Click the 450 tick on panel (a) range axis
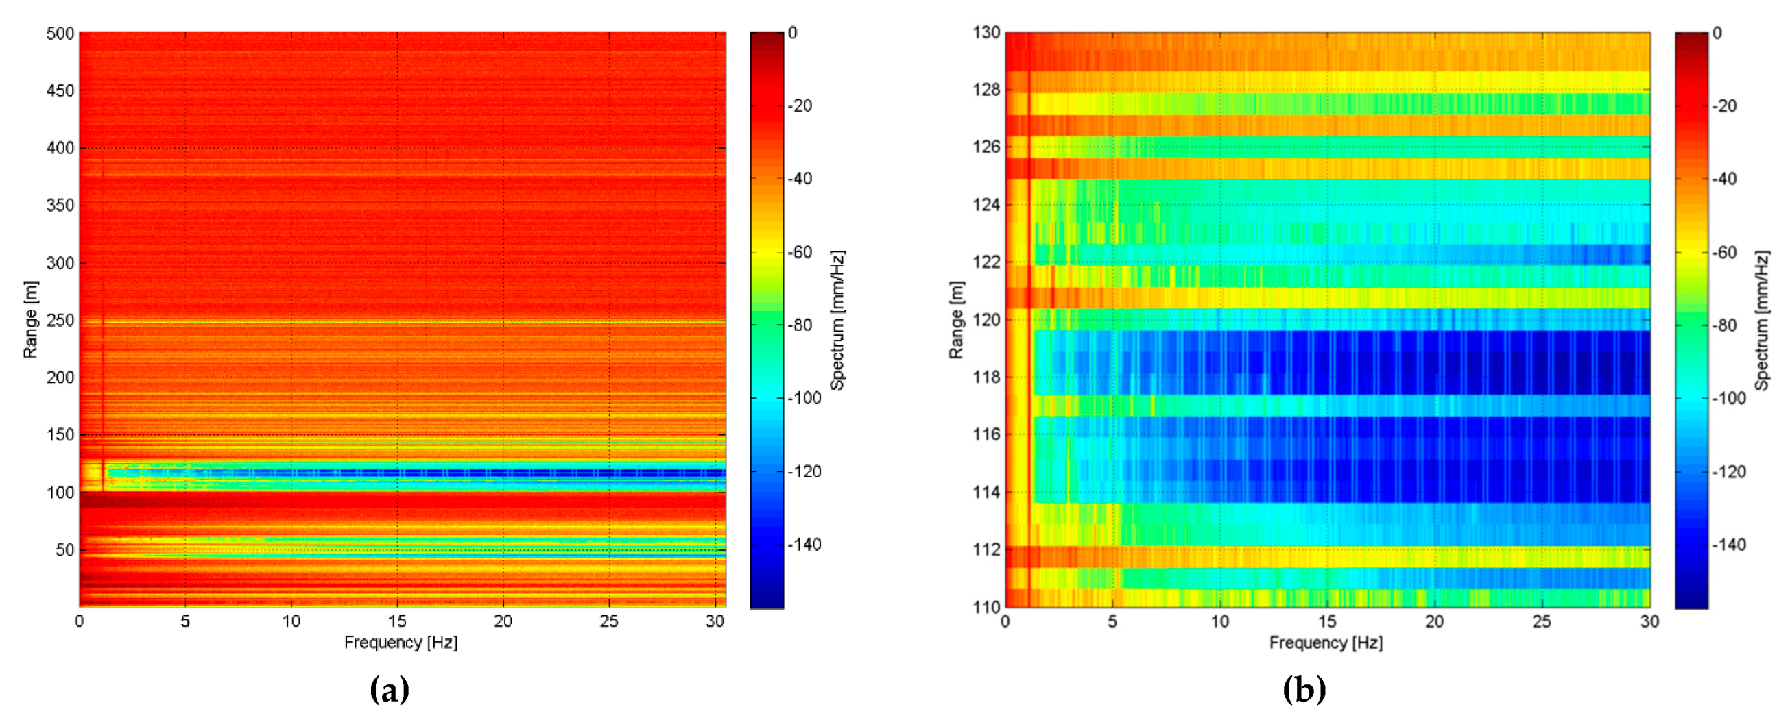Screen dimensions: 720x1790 [x=60, y=90]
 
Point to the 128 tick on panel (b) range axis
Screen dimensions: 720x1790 [x=986, y=90]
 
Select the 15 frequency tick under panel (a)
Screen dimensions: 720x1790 [x=397, y=621]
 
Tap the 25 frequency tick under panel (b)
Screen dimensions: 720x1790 [x=1541, y=621]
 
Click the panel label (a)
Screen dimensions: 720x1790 [x=389, y=690]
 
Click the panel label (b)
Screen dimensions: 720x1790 [x=1304, y=690]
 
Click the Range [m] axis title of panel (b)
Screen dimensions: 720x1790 [x=957, y=320]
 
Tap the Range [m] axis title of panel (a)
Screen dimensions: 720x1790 [x=31, y=320]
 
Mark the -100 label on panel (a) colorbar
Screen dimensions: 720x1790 [x=804, y=399]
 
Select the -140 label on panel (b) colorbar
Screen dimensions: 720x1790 [x=1728, y=545]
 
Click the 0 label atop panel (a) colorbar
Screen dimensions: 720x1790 [x=793, y=33]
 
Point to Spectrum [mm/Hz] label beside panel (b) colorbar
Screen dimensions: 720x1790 [x=1761, y=321]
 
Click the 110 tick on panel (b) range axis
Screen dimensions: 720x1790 [x=986, y=608]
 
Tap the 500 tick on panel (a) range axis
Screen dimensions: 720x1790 [x=60, y=34]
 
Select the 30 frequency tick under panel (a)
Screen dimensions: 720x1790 [x=715, y=621]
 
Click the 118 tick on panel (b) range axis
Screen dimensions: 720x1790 [x=986, y=377]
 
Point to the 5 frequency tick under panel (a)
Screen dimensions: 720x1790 [x=185, y=621]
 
